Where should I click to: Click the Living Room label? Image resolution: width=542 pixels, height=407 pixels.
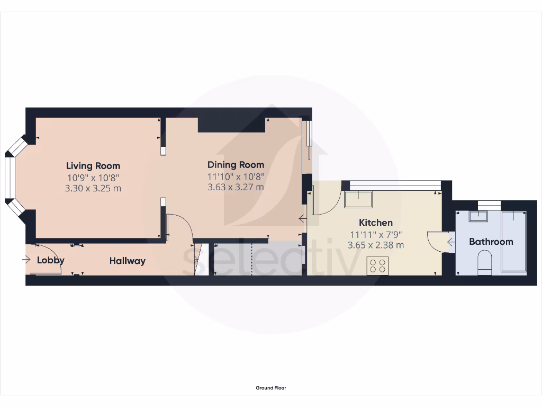tap(93, 166)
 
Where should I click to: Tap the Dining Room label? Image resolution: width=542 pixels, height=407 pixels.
tap(236, 165)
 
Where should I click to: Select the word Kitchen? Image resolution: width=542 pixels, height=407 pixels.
tap(376, 223)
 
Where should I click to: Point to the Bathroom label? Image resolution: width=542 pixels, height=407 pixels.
tap(491, 242)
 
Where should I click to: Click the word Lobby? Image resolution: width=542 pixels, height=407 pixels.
tap(51, 260)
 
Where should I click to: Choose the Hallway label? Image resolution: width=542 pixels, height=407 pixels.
tap(127, 261)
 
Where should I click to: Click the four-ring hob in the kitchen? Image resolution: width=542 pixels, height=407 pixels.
tap(377, 265)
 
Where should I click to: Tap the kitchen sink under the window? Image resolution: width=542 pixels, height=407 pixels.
tap(358, 200)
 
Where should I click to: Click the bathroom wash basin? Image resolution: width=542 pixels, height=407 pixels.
tap(480, 216)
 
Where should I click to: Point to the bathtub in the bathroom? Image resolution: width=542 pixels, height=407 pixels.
tap(514, 241)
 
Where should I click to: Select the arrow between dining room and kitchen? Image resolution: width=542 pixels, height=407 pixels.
tap(302, 218)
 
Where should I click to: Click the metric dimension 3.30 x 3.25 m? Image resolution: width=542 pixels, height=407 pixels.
tap(93, 188)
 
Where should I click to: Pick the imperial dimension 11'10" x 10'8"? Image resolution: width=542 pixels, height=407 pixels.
tap(236, 176)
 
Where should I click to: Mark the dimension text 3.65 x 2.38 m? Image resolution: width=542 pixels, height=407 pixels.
tap(376, 245)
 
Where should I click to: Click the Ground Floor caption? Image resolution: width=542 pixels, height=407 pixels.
tap(271, 388)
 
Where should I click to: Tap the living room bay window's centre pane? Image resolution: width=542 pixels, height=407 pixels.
tap(9, 178)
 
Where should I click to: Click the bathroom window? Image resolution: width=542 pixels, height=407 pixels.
tap(490, 203)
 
